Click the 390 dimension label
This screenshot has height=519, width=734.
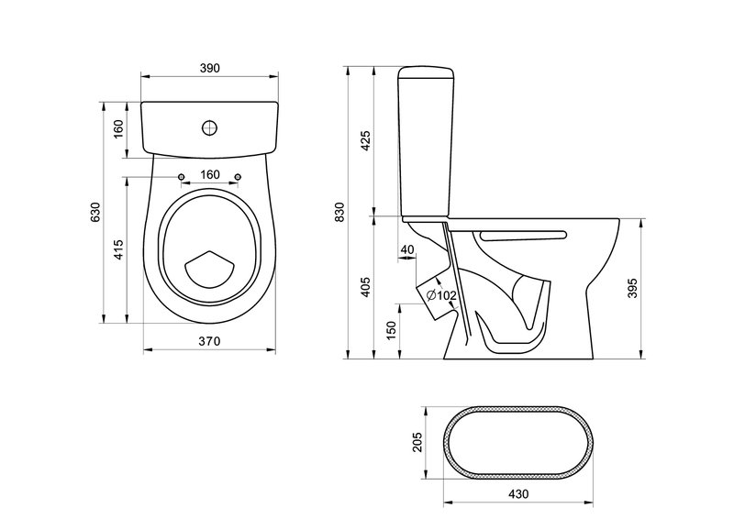pyautogui.click(x=210, y=68)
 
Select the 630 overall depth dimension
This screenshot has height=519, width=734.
pyautogui.click(x=95, y=212)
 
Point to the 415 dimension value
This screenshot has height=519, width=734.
pyautogui.click(x=119, y=249)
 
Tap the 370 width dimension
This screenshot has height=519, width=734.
pyautogui.click(x=209, y=341)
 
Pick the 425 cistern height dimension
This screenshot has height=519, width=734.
pyautogui.click(x=365, y=140)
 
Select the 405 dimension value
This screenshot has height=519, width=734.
pyautogui.click(x=365, y=287)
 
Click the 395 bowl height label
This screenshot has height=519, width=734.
pyautogui.click(x=632, y=289)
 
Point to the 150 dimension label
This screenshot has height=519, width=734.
pyautogui.click(x=392, y=330)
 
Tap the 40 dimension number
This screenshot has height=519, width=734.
pyautogui.click(x=407, y=250)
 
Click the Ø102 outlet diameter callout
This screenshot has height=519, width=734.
pyautogui.click(x=441, y=295)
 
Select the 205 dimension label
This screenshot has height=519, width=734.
pyautogui.click(x=417, y=442)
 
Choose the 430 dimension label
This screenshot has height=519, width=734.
pyautogui.click(x=517, y=493)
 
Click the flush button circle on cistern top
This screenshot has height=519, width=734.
pyautogui.click(x=210, y=127)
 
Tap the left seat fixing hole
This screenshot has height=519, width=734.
pyautogui.click(x=181, y=176)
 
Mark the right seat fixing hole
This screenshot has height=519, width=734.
pyautogui.click(x=238, y=176)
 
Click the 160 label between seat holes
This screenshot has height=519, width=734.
pyautogui.click(x=210, y=174)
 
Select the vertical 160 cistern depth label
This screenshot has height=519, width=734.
pyautogui.click(x=118, y=128)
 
